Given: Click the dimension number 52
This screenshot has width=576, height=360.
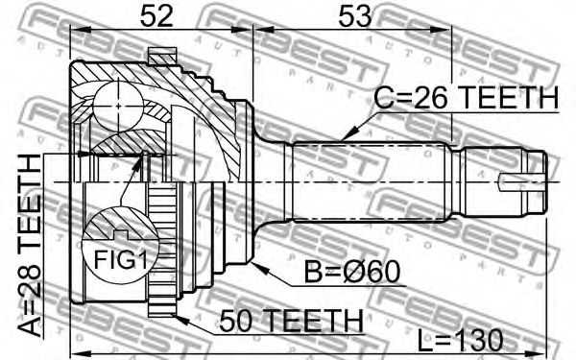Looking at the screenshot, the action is (156, 16).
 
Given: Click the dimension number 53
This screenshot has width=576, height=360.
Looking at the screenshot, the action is (355, 16).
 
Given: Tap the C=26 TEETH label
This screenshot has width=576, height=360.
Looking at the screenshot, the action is (466, 98).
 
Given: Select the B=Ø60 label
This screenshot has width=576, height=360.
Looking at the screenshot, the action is (352, 273).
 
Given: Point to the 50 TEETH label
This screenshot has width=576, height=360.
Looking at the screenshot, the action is (291, 321).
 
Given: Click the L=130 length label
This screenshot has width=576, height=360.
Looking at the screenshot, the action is (460, 340).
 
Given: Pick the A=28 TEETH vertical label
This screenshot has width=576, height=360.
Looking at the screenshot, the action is (30, 246).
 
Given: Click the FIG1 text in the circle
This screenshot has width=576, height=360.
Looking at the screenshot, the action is (121, 260).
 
